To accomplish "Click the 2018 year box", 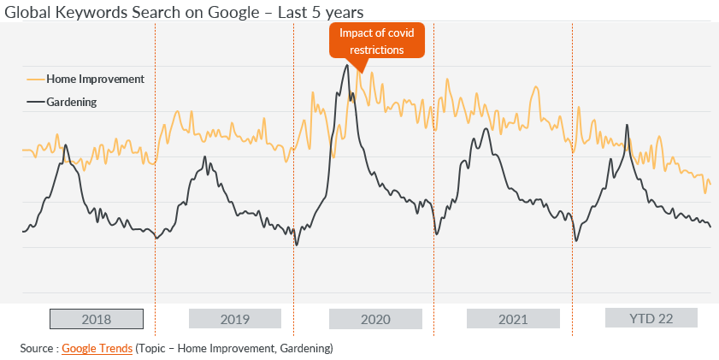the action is (x=97, y=319).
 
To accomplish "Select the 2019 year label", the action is (x=235, y=319).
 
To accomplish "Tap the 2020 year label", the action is (x=375, y=319).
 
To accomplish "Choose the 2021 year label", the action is (x=513, y=319).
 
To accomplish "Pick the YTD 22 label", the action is (x=651, y=318).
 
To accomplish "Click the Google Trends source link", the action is (x=97, y=349).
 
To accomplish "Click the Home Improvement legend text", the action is (x=96, y=80).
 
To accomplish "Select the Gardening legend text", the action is (x=72, y=102).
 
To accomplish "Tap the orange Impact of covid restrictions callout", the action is (x=377, y=41).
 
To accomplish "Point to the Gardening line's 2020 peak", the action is (x=347, y=65).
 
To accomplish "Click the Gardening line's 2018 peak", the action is (x=66, y=145).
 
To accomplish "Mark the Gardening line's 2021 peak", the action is (x=486, y=129).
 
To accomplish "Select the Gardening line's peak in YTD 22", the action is (x=627, y=125).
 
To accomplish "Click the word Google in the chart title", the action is (x=234, y=12).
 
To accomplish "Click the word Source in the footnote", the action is (x=37, y=349).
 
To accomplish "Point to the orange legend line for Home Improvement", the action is (x=36, y=80).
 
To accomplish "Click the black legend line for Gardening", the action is (x=36, y=102).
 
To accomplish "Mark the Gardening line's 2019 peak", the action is (x=205, y=156).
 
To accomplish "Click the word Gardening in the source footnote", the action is (x=305, y=349).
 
